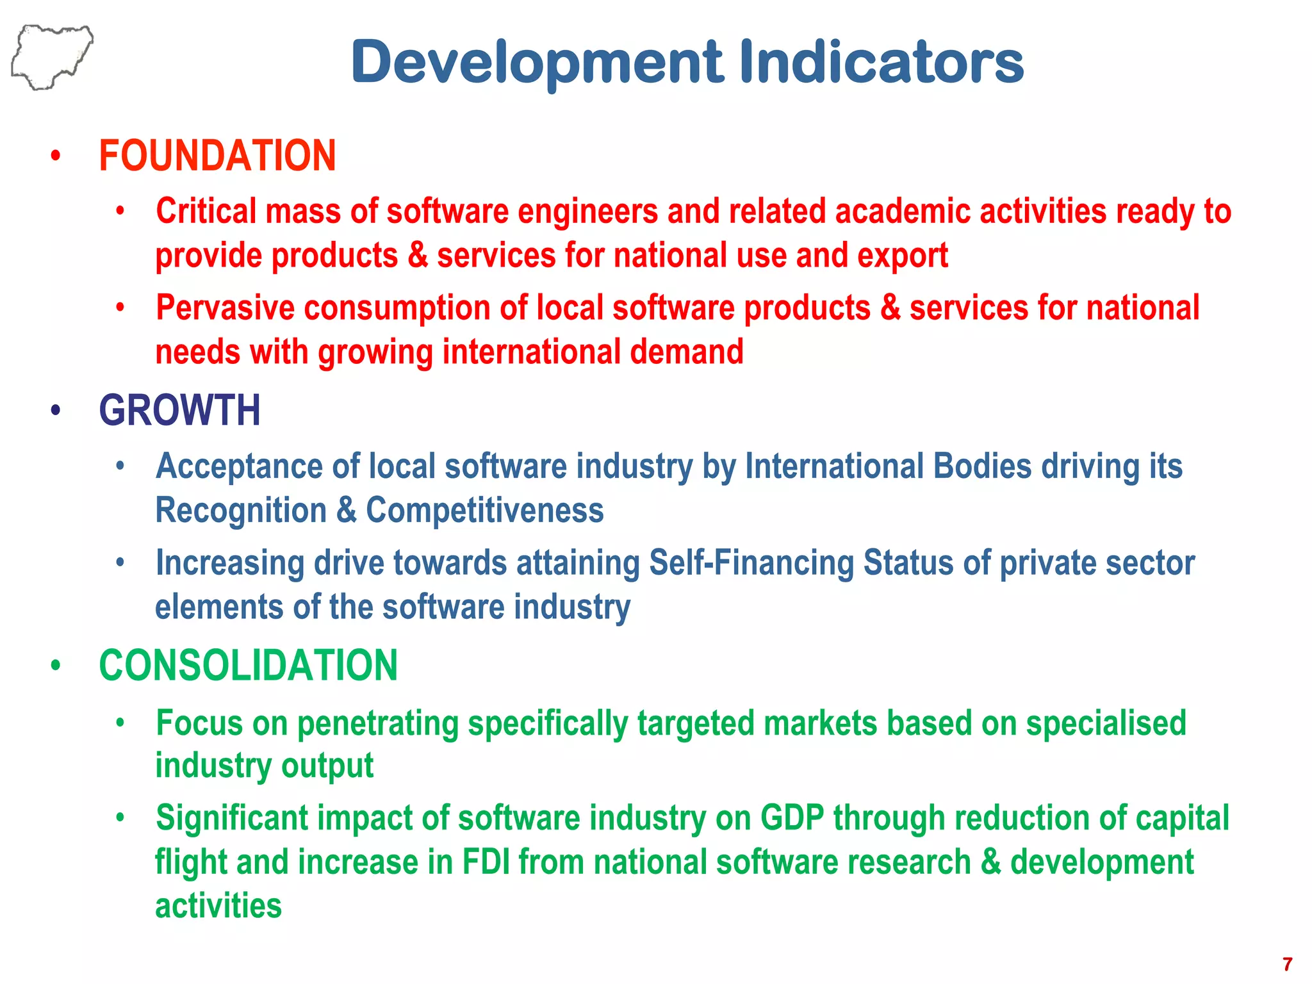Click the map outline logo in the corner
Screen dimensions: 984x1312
pyautogui.click(x=51, y=56)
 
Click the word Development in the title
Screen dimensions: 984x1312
pyautogui.click(x=537, y=62)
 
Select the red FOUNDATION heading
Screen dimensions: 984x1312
pyautogui.click(x=217, y=156)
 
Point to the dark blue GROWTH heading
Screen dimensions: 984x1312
pyautogui.click(x=180, y=411)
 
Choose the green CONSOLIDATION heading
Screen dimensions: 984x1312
pyautogui.click(x=249, y=666)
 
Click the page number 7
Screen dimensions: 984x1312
pyautogui.click(x=1287, y=964)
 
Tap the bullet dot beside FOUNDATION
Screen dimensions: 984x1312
pyautogui.click(x=56, y=156)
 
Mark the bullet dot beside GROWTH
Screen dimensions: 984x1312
pyautogui.click(x=56, y=410)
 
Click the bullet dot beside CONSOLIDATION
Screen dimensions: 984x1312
pyautogui.click(x=56, y=665)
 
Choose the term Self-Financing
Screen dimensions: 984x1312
pyautogui.click(x=751, y=563)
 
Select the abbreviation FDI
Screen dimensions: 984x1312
pyautogui.click(x=486, y=862)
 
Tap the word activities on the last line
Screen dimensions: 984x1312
pyautogui.click(x=218, y=906)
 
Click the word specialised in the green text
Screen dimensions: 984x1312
pyautogui.click(x=1106, y=723)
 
